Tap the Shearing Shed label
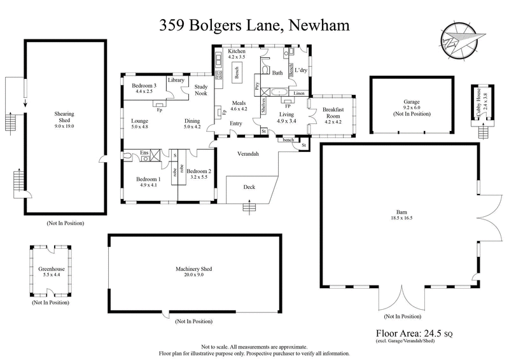[64, 114]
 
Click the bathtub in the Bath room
[278, 93]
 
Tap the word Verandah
[248, 154]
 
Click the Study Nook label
[201, 90]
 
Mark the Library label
[176, 81]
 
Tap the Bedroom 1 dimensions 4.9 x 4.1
[150, 186]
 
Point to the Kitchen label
[228, 52]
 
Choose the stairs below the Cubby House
[484, 132]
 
